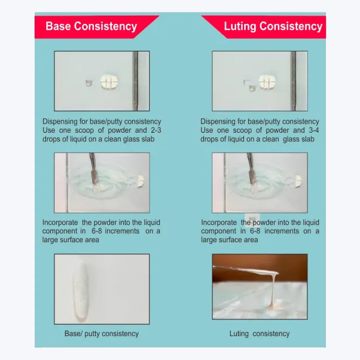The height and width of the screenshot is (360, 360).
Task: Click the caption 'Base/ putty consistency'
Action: [101, 334]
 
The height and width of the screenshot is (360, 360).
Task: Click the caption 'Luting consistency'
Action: [260, 334]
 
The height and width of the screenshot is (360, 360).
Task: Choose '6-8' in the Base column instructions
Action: [99, 231]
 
